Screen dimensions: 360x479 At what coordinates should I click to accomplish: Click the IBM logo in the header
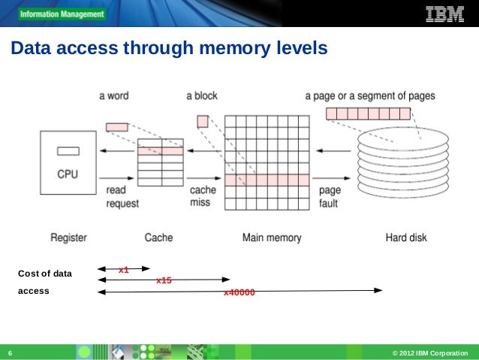[x=444, y=14]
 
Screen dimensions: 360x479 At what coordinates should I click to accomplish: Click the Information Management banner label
[x=62, y=14]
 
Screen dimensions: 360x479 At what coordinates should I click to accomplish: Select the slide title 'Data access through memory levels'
[x=168, y=50]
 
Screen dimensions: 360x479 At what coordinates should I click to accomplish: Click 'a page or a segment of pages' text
[x=369, y=96]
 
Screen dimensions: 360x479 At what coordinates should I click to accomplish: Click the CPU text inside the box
[x=68, y=174]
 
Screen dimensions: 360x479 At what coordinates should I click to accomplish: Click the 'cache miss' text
[x=203, y=197]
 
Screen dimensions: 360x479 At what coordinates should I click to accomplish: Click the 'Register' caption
[x=68, y=237]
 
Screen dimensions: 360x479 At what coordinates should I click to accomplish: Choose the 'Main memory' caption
[x=272, y=237]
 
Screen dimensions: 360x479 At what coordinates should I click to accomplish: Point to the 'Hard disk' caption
[x=406, y=237]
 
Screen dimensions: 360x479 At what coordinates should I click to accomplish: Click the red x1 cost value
[x=124, y=269]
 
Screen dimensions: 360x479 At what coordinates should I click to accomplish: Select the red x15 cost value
[x=164, y=280]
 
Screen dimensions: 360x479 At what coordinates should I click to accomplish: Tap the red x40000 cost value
[x=239, y=292]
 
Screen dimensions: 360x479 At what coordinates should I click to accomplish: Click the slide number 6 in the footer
[x=10, y=353]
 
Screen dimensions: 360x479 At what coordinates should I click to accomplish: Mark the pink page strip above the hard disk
[x=368, y=114]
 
